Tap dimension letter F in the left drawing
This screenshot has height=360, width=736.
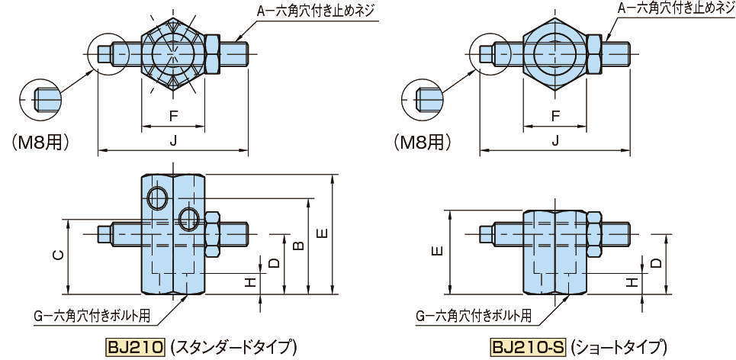coord(172,116)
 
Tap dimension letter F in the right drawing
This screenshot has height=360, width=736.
coord(554,116)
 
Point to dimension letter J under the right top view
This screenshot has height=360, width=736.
coord(554,140)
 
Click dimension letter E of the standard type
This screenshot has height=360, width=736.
coord(322,233)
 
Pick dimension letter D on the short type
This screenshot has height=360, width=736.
coord(656,262)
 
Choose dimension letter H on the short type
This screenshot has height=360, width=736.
coord(632,283)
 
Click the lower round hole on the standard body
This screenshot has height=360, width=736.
coord(188,220)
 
